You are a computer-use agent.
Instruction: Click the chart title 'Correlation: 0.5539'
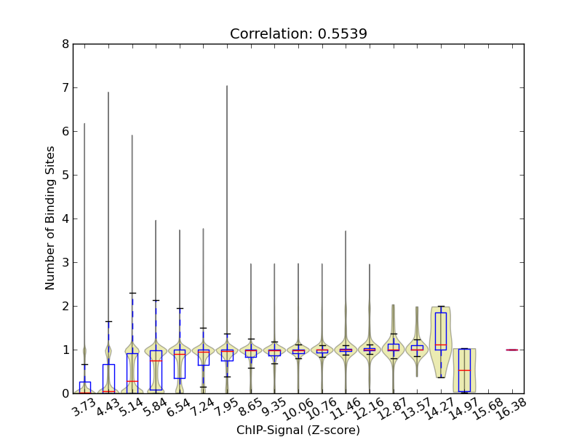tap(298, 34)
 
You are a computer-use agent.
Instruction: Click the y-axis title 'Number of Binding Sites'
tap(50, 219)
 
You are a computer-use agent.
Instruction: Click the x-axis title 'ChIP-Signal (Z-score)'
tap(298, 430)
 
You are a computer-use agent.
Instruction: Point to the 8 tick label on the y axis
tap(66, 44)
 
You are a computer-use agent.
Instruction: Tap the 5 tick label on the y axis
tap(66, 175)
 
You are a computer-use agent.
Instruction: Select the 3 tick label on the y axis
tap(66, 262)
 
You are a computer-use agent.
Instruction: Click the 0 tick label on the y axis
tap(66, 393)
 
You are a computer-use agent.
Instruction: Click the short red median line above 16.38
tap(511, 350)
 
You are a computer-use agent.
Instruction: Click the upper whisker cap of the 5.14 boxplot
tap(132, 293)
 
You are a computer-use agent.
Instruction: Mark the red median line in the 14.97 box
tap(464, 370)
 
